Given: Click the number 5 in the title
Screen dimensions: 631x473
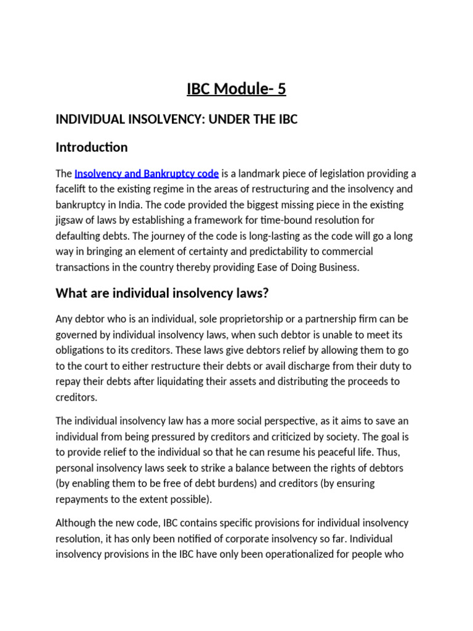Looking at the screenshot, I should (281, 90).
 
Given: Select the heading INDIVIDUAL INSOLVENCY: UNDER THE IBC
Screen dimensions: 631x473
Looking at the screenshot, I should (176, 120).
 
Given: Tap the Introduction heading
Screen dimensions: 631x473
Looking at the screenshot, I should (92, 147).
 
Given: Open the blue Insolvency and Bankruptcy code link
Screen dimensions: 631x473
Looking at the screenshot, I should (147, 174).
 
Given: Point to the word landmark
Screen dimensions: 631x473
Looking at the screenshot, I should (257, 174).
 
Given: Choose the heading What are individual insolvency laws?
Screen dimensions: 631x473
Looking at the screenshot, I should (163, 293).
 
